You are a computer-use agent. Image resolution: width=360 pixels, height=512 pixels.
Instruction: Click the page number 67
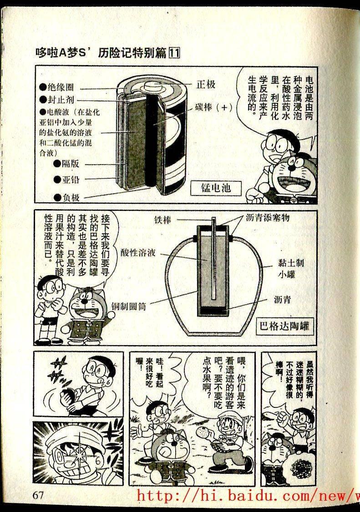tap(38, 495)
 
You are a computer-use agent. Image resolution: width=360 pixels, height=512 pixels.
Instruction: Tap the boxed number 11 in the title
tap(173, 53)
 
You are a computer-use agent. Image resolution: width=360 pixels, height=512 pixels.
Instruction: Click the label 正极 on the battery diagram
tap(206, 84)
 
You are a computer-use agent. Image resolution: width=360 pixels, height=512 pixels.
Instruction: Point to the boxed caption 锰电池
tap(216, 188)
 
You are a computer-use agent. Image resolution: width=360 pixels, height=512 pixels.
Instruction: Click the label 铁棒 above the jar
tap(163, 220)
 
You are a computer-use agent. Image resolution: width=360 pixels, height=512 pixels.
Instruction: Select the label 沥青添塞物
tap(268, 217)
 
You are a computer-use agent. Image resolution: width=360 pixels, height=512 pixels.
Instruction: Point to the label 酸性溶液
tap(138, 252)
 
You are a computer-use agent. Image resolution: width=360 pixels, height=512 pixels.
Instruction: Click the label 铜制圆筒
tap(128, 306)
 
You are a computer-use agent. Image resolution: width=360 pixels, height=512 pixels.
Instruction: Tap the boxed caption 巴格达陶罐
tap(284, 326)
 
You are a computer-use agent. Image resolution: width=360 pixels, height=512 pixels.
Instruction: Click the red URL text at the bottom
tap(248, 495)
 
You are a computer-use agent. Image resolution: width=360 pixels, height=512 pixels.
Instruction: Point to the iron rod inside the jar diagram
tap(213, 258)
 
